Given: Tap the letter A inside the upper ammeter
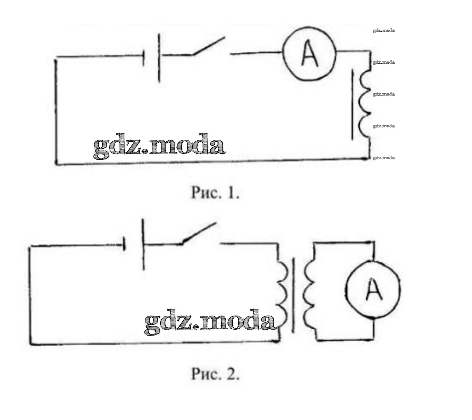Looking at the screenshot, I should (x=309, y=55).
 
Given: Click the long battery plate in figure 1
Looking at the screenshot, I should (x=159, y=58).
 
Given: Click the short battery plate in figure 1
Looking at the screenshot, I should (x=144, y=58).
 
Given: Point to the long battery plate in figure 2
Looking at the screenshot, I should (x=143, y=244).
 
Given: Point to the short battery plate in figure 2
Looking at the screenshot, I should (x=124, y=245).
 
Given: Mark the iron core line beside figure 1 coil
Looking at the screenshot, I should (x=352, y=105).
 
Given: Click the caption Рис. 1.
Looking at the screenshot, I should (x=215, y=193).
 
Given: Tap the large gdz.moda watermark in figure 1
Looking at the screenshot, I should (x=159, y=146).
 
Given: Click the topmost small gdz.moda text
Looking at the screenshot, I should (x=384, y=31).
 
